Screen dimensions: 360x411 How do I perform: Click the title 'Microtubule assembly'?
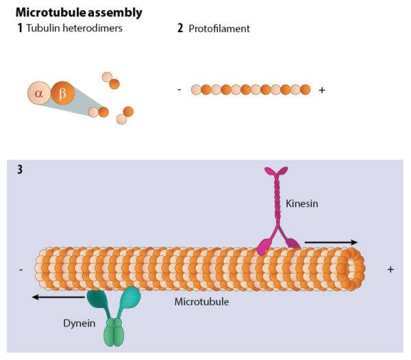pyautogui.click(x=79, y=12)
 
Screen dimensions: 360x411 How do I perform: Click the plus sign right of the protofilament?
pyautogui.click(x=322, y=90)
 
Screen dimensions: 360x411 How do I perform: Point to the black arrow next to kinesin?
pyautogui.click(x=331, y=242)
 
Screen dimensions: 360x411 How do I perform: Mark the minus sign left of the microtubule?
pyautogui.click(x=22, y=270)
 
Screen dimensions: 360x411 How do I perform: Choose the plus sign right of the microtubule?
pyautogui.click(x=390, y=270)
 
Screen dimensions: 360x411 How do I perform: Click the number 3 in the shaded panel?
pyautogui.click(x=19, y=170)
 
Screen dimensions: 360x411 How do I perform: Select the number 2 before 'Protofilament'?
pyautogui.click(x=180, y=29)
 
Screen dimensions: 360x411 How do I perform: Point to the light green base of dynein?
pyautogui.click(x=114, y=333)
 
